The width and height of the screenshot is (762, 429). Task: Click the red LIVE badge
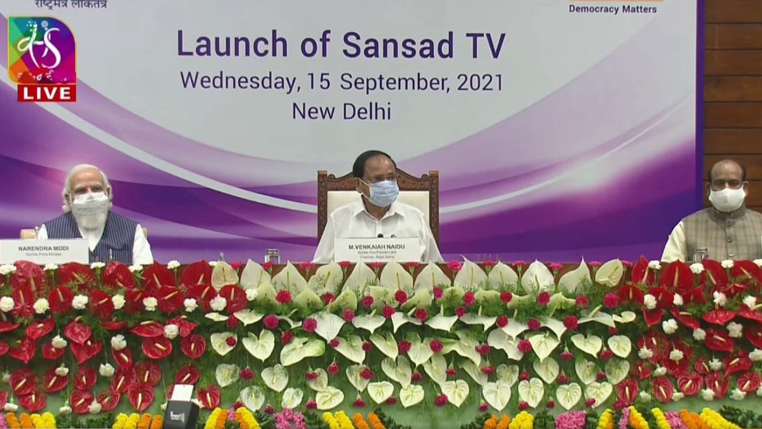tap(46, 92)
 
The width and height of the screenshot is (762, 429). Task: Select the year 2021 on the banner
tap(479, 82)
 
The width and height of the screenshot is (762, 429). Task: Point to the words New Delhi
tap(341, 110)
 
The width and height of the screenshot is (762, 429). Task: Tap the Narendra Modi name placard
tap(43, 251)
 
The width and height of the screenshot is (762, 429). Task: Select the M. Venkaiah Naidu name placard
tap(377, 250)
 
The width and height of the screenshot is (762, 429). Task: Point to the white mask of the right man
tap(726, 199)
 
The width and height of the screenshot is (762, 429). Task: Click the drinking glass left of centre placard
tap(272, 256)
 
